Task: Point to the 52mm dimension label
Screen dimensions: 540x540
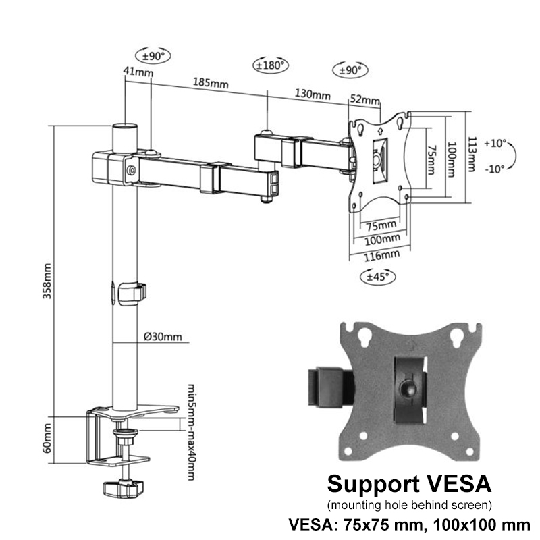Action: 365,101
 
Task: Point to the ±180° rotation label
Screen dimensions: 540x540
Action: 270,65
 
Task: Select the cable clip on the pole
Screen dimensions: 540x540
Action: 132,292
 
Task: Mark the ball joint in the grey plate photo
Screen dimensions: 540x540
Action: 408,389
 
